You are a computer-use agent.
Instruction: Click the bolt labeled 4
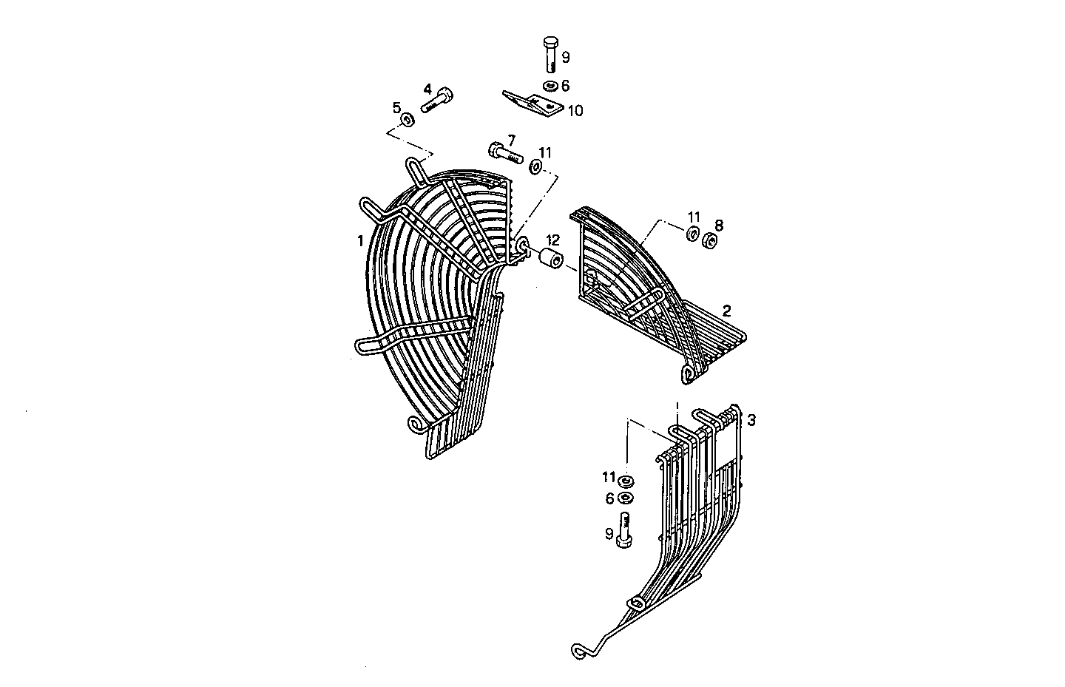(x=437, y=100)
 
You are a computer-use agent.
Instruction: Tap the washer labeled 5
(x=407, y=120)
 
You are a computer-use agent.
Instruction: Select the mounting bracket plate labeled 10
(x=534, y=103)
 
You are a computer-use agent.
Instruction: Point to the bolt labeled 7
(x=505, y=153)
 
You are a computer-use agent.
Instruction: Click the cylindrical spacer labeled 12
(x=552, y=260)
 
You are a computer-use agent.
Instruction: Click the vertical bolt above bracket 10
(x=550, y=53)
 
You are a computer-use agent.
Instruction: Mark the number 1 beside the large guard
(x=360, y=240)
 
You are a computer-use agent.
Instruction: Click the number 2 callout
(x=726, y=310)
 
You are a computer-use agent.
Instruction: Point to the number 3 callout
(x=751, y=420)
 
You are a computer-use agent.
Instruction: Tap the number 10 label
(x=575, y=111)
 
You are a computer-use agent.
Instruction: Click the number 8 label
(x=718, y=225)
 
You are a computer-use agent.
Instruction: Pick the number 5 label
(x=396, y=107)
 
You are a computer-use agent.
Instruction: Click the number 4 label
(x=427, y=89)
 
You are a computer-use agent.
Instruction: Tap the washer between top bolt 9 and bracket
(x=550, y=86)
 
